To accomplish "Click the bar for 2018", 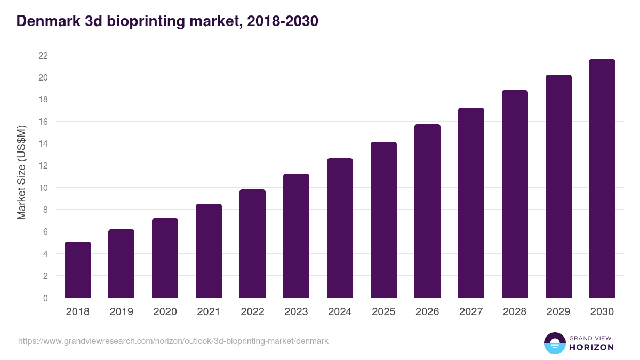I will point(78,270).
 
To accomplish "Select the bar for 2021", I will point(209,251).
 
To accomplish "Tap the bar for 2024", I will point(340,228).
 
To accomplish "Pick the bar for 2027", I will point(471,203).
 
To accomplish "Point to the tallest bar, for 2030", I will point(602,179).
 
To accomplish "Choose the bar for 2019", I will point(121,263).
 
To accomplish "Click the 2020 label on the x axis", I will point(165,312).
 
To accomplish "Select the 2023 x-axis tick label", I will point(296,312).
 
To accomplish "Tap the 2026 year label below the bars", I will point(427,312).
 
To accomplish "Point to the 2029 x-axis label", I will point(558,312).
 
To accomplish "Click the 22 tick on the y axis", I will point(43,55).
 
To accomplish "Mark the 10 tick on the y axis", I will point(43,188).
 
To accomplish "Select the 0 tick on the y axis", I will point(45,298).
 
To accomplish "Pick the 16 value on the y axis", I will point(43,122).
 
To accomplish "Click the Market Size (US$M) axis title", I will point(21,173).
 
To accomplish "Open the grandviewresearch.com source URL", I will point(173,341).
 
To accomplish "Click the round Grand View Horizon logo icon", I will point(554,343).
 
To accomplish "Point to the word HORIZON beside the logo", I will point(591,347).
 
